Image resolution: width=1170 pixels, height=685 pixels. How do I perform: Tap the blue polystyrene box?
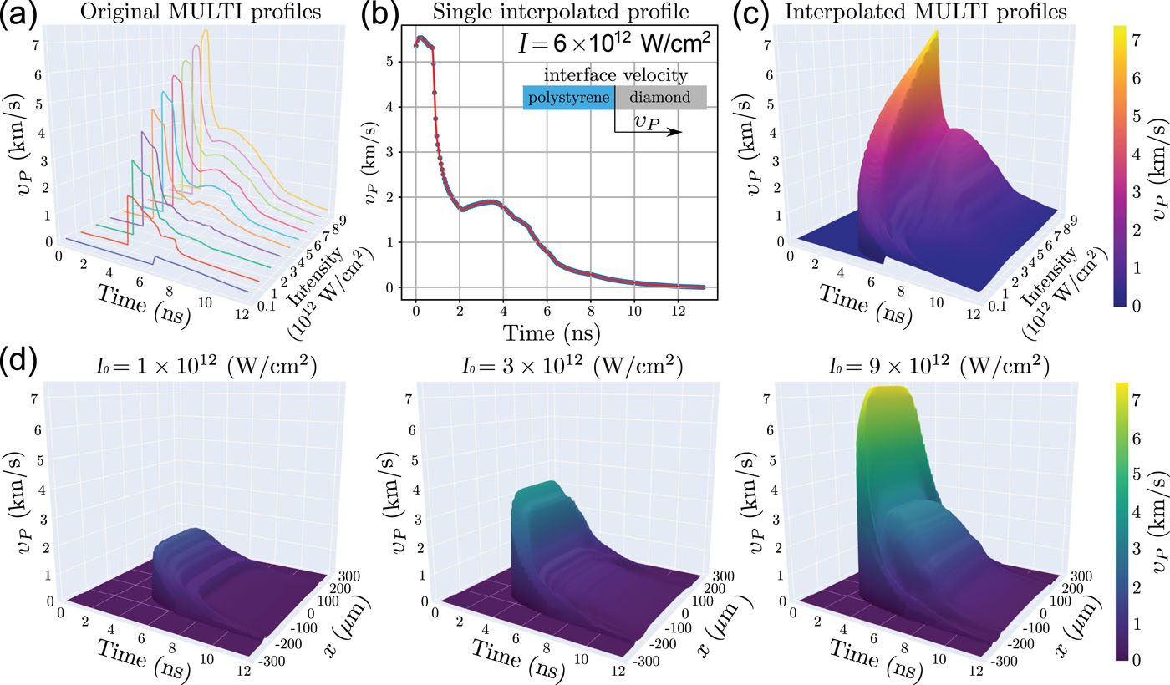[569, 98]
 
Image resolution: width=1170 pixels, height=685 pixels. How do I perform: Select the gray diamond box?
[661, 98]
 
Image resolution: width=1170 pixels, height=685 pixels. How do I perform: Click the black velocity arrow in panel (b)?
[649, 132]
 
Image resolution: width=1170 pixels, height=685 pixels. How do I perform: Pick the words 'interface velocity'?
[615, 76]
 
